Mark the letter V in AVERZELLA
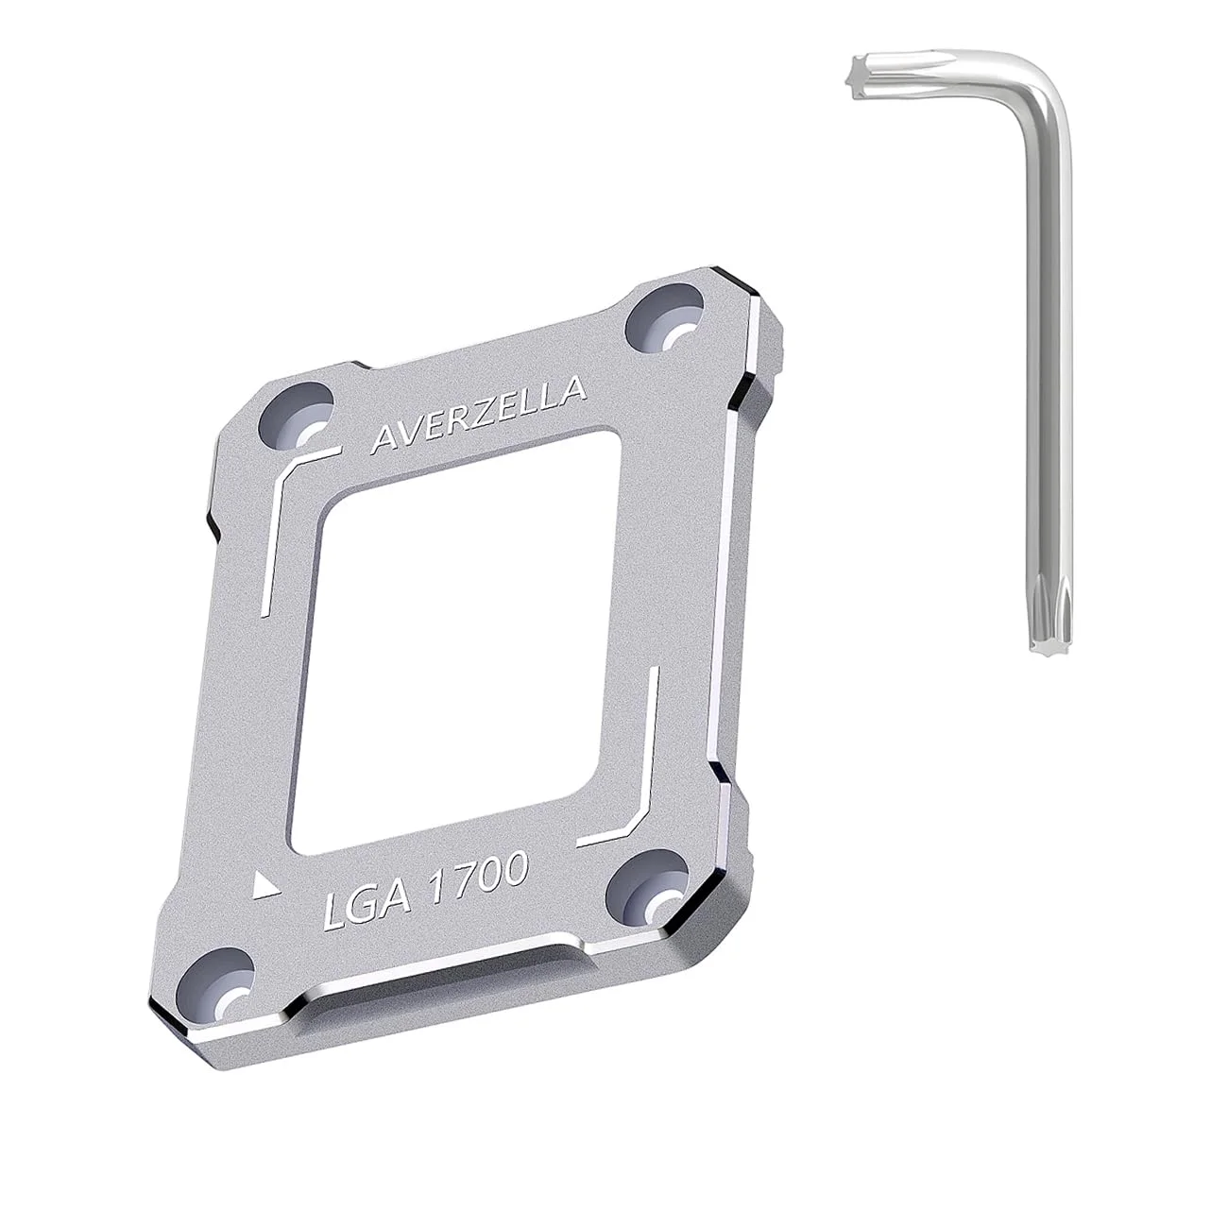(x=405, y=432)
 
